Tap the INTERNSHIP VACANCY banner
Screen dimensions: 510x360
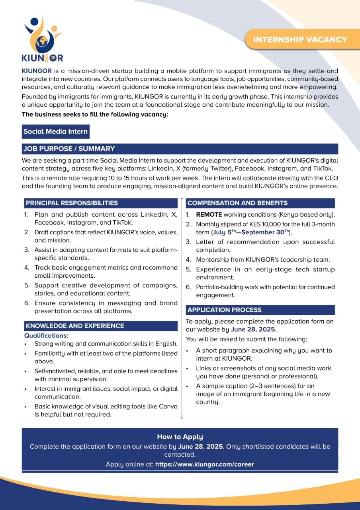(300, 39)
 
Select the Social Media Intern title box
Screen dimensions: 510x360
(55, 131)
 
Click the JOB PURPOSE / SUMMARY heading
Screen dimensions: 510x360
(69, 149)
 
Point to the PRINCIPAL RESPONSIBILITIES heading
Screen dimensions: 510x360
(72, 203)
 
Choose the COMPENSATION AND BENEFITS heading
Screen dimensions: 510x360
(237, 203)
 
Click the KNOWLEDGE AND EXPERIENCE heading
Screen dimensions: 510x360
(75, 326)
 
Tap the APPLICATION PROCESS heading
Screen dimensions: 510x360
(225, 310)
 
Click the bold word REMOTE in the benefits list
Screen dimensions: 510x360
(209, 214)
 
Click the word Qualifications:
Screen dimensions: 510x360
(46, 335)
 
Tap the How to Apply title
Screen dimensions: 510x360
(180, 437)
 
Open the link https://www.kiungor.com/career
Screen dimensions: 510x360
(204, 464)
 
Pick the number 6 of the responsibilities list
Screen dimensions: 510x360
(26, 303)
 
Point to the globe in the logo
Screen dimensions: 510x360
(41, 41)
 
